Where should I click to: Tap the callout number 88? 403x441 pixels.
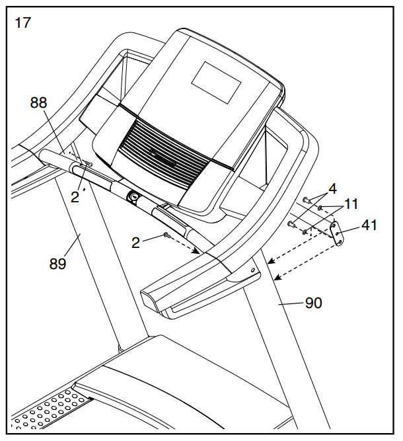click(x=39, y=102)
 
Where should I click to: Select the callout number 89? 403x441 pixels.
click(x=57, y=264)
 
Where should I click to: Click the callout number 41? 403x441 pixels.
click(x=369, y=225)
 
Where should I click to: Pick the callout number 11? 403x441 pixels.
click(x=351, y=204)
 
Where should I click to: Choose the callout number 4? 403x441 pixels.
click(x=333, y=188)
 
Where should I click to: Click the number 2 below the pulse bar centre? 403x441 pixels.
click(x=135, y=243)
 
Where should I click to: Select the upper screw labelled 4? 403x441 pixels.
click(x=307, y=199)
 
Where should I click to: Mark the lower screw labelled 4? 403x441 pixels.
click(x=291, y=224)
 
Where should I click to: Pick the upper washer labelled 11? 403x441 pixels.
click(x=320, y=208)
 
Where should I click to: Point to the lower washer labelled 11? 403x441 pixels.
click(x=304, y=232)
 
